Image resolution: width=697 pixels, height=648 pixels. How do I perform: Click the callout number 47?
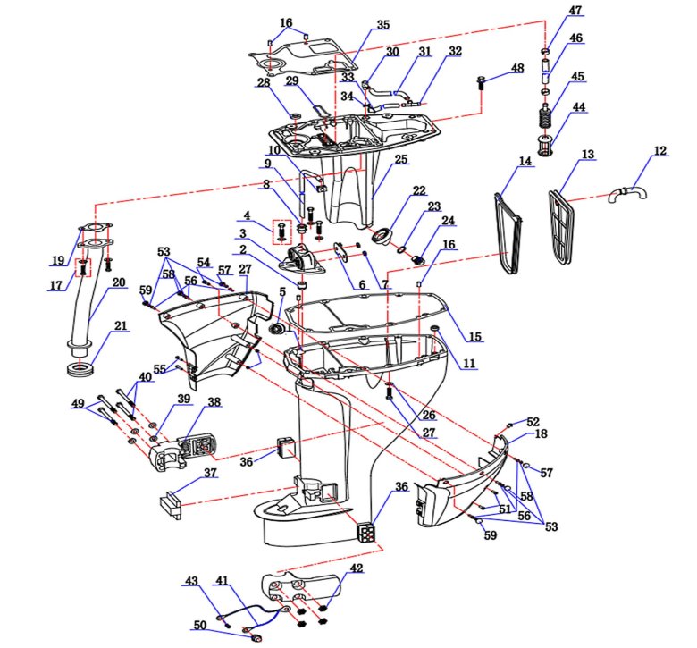point(575,11)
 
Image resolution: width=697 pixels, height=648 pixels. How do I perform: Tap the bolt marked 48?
point(483,84)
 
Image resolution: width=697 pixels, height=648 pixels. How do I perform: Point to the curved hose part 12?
point(626,190)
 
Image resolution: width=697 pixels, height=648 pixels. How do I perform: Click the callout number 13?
point(588,155)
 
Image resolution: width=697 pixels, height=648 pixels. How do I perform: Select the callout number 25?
point(400,159)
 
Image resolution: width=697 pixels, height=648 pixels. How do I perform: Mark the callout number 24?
point(448,220)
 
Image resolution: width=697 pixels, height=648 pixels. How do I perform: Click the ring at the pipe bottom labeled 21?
point(81,367)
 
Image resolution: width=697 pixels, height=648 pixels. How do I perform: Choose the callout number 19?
point(58,261)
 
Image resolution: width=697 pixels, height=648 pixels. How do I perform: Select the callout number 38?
point(214,402)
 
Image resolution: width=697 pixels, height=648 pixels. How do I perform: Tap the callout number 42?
point(357,568)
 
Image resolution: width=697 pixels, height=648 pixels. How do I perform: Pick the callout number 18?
point(541,433)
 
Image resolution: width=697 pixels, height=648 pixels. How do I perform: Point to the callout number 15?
point(475,337)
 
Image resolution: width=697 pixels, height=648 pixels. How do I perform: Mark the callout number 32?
point(456,51)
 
